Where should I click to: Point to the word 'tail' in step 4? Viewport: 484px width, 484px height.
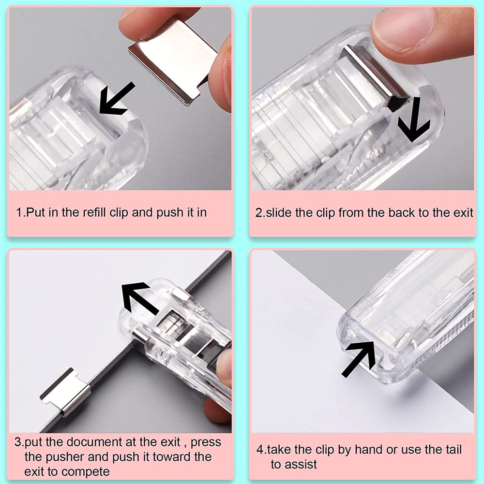pos(454,450)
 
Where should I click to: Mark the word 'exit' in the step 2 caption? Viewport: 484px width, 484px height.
pos(463,212)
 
